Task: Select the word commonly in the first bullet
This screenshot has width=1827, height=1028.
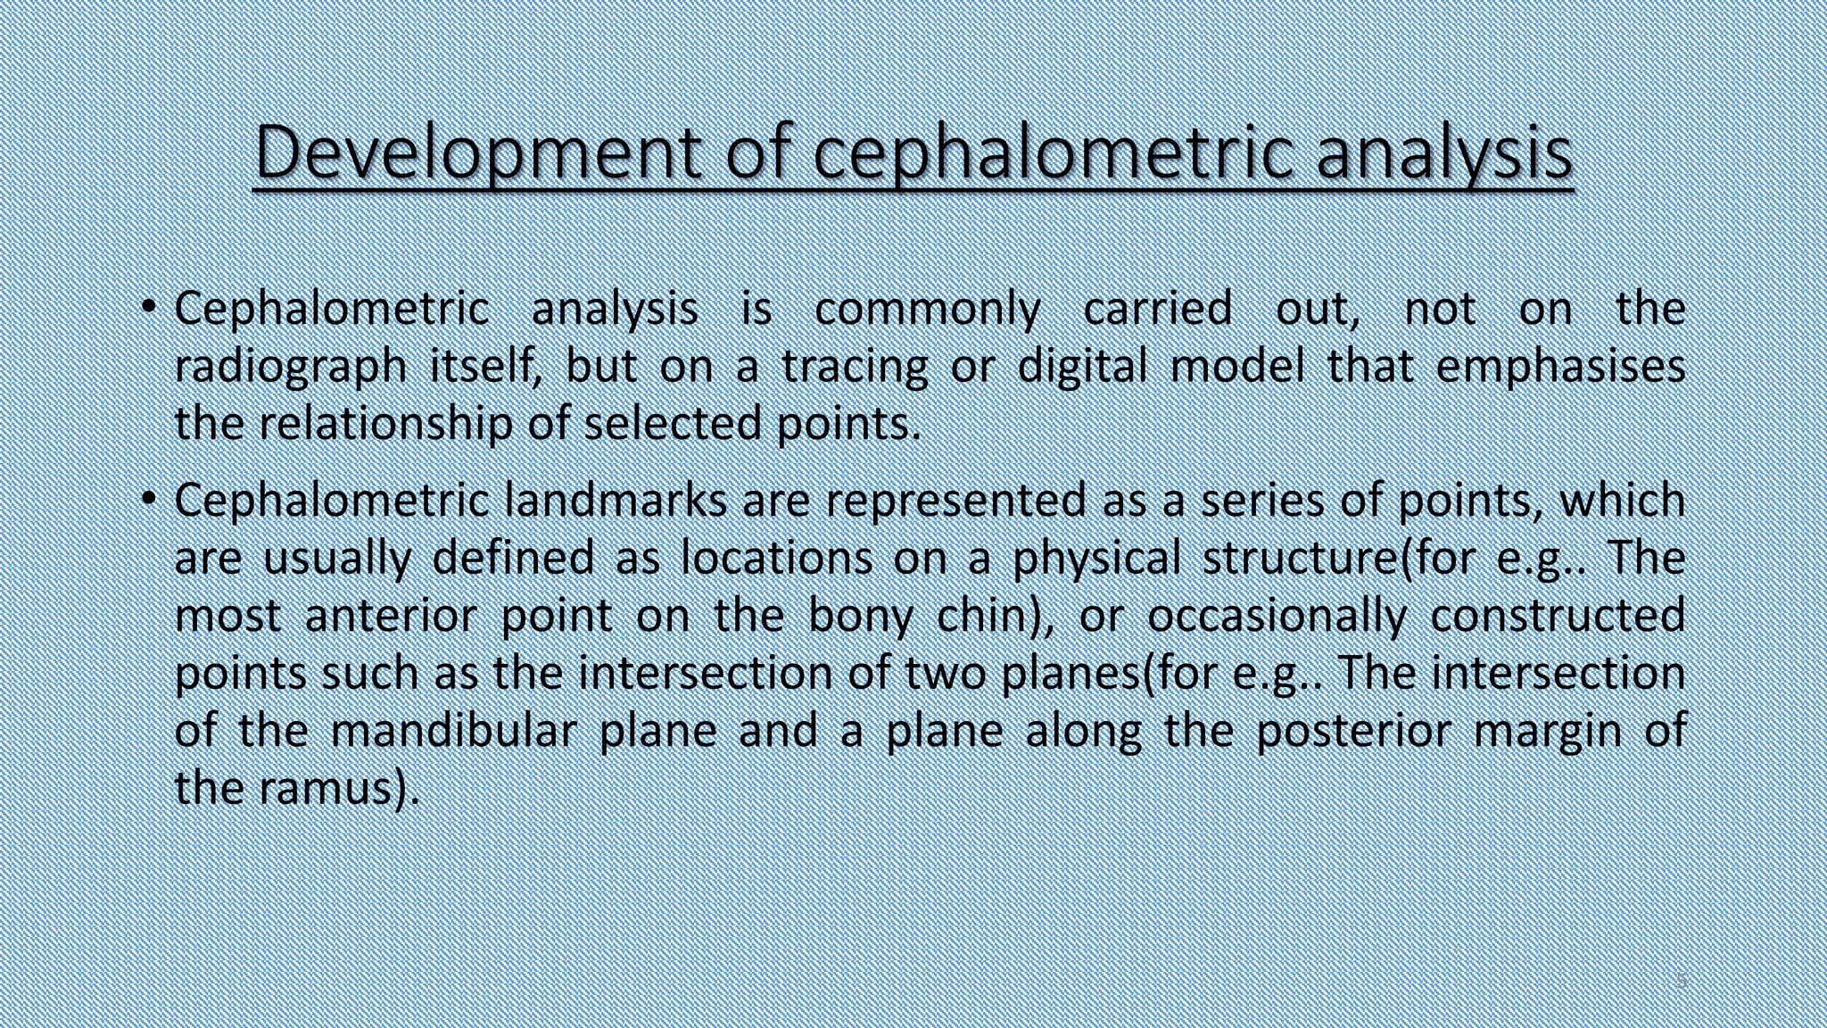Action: [x=928, y=309]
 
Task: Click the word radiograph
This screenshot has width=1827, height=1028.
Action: [x=290, y=367]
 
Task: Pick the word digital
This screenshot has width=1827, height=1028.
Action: [x=1082, y=366]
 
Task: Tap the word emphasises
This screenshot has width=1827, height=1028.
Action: [x=1560, y=367]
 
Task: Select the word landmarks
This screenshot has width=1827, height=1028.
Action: [x=615, y=500]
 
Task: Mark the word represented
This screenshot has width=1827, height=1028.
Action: [x=955, y=500]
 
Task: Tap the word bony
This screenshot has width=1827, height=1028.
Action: [x=860, y=616]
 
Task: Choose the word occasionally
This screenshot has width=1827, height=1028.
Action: [x=1277, y=616]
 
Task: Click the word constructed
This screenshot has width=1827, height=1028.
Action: [x=1558, y=616]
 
